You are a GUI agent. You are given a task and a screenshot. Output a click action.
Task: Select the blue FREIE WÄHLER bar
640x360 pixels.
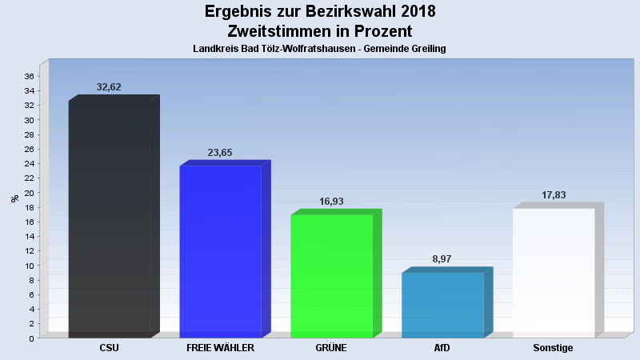221,251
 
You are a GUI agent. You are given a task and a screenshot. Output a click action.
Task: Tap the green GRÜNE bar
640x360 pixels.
331,275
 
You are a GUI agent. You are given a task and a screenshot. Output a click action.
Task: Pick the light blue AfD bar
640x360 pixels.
442,305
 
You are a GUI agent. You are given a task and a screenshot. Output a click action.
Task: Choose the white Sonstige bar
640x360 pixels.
554,272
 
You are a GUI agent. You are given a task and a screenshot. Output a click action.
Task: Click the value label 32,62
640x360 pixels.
109,87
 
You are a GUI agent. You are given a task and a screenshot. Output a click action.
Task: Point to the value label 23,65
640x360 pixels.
220,152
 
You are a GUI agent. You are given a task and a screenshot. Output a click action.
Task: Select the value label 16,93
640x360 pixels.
331,202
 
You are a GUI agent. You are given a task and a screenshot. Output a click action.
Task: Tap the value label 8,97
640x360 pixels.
442,259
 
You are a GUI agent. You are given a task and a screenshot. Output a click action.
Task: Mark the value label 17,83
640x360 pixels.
554,195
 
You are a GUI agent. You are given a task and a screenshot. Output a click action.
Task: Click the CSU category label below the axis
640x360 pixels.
110,348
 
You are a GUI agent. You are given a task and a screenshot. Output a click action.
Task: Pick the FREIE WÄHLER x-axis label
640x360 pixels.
220,348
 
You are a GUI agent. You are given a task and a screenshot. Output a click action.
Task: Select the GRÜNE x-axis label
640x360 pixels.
331,348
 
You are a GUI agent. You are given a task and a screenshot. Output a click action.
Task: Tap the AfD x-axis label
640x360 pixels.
442,348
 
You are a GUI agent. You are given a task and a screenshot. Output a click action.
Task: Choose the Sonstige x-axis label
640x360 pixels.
553,348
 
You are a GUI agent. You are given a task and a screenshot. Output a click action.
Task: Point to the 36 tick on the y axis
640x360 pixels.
28,77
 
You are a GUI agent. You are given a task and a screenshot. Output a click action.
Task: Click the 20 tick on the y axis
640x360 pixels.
28,193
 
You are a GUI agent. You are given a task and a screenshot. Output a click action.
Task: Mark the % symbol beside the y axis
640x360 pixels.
14,198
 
